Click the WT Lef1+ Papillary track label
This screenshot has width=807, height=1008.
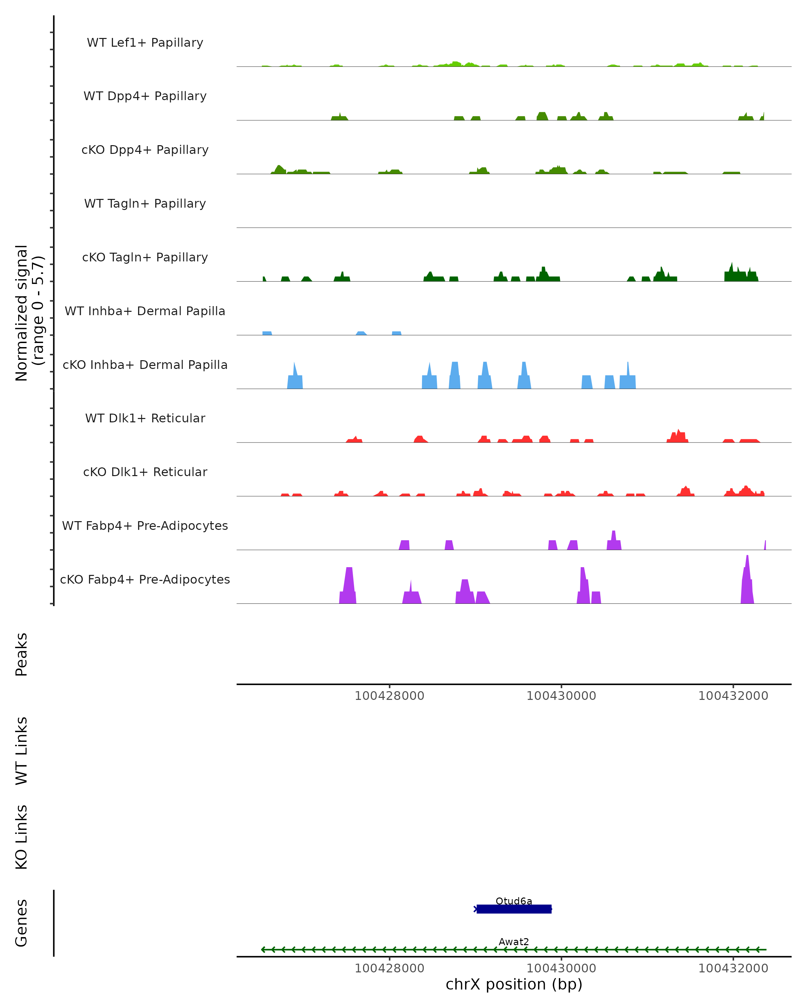[x=145, y=43]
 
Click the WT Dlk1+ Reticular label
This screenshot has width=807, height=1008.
[x=145, y=418]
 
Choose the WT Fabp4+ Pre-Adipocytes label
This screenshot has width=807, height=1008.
[x=145, y=526]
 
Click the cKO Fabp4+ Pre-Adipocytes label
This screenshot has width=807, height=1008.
[x=145, y=579]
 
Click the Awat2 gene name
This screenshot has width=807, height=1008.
[x=514, y=941]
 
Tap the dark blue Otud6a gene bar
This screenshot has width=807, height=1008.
[x=514, y=909]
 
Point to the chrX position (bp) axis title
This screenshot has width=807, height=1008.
[x=514, y=984]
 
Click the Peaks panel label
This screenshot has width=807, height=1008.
[x=22, y=654]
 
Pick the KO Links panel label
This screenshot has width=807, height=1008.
[x=22, y=837]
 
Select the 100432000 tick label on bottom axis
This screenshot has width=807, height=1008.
[x=733, y=968]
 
